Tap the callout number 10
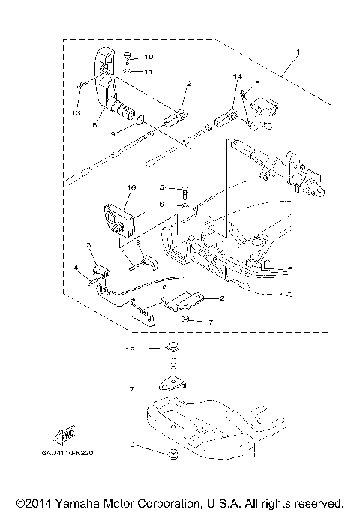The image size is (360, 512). tap(148, 57)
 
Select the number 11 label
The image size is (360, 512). tap(148, 72)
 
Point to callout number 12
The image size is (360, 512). tap(187, 83)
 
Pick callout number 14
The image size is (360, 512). tap(237, 77)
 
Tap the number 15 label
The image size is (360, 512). tap(255, 83)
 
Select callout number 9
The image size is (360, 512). tap(113, 134)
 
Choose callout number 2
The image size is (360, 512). tap(222, 298)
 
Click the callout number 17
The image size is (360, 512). tap(130, 389)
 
